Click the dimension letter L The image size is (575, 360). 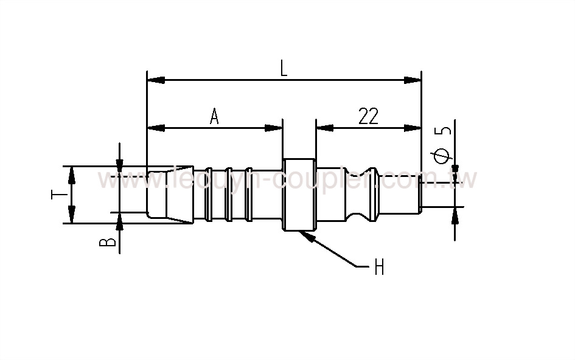[x=284, y=68]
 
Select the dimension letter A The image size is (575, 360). [x=214, y=116]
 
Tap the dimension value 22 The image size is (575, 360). [x=368, y=116]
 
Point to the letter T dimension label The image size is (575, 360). [x=56, y=195]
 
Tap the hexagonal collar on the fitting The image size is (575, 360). [x=299, y=195]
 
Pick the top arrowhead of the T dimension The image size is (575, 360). [x=72, y=173]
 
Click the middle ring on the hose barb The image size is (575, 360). [x=229, y=195]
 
